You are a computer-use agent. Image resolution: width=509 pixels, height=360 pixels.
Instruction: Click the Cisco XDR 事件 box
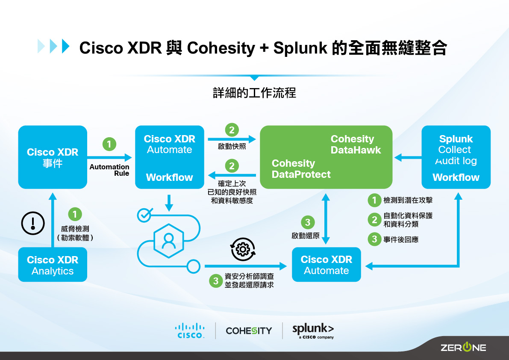click(53, 157)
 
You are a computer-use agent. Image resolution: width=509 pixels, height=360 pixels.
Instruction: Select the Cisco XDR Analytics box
click(53, 265)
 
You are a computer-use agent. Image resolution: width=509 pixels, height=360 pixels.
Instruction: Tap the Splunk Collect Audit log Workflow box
click(456, 157)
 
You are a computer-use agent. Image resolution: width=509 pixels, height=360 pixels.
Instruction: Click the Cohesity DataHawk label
click(356, 145)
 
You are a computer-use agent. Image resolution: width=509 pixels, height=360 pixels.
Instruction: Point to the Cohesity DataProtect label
click(301, 169)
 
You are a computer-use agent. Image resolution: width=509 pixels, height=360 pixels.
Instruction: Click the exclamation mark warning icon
click(33, 223)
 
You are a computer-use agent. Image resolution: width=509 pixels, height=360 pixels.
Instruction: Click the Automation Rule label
click(109, 170)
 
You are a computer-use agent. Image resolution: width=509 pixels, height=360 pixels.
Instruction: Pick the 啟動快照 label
click(232, 146)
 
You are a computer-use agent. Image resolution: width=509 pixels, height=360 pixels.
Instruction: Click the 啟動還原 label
click(305, 236)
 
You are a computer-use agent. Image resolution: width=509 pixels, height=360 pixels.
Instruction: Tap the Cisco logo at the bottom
click(190, 330)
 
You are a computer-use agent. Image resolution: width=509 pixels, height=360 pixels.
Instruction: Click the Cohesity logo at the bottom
click(249, 330)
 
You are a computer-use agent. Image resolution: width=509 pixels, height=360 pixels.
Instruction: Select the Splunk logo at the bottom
click(313, 330)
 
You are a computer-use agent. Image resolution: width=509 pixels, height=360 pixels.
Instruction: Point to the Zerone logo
click(463, 347)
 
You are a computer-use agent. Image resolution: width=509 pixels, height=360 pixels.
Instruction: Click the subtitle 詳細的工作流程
click(254, 93)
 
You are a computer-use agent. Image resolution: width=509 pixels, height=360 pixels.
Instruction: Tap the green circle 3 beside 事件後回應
click(374, 239)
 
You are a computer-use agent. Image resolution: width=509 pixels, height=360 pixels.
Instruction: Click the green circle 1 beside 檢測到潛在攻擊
click(374, 200)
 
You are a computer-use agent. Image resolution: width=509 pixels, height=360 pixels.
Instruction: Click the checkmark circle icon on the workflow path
click(144, 215)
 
